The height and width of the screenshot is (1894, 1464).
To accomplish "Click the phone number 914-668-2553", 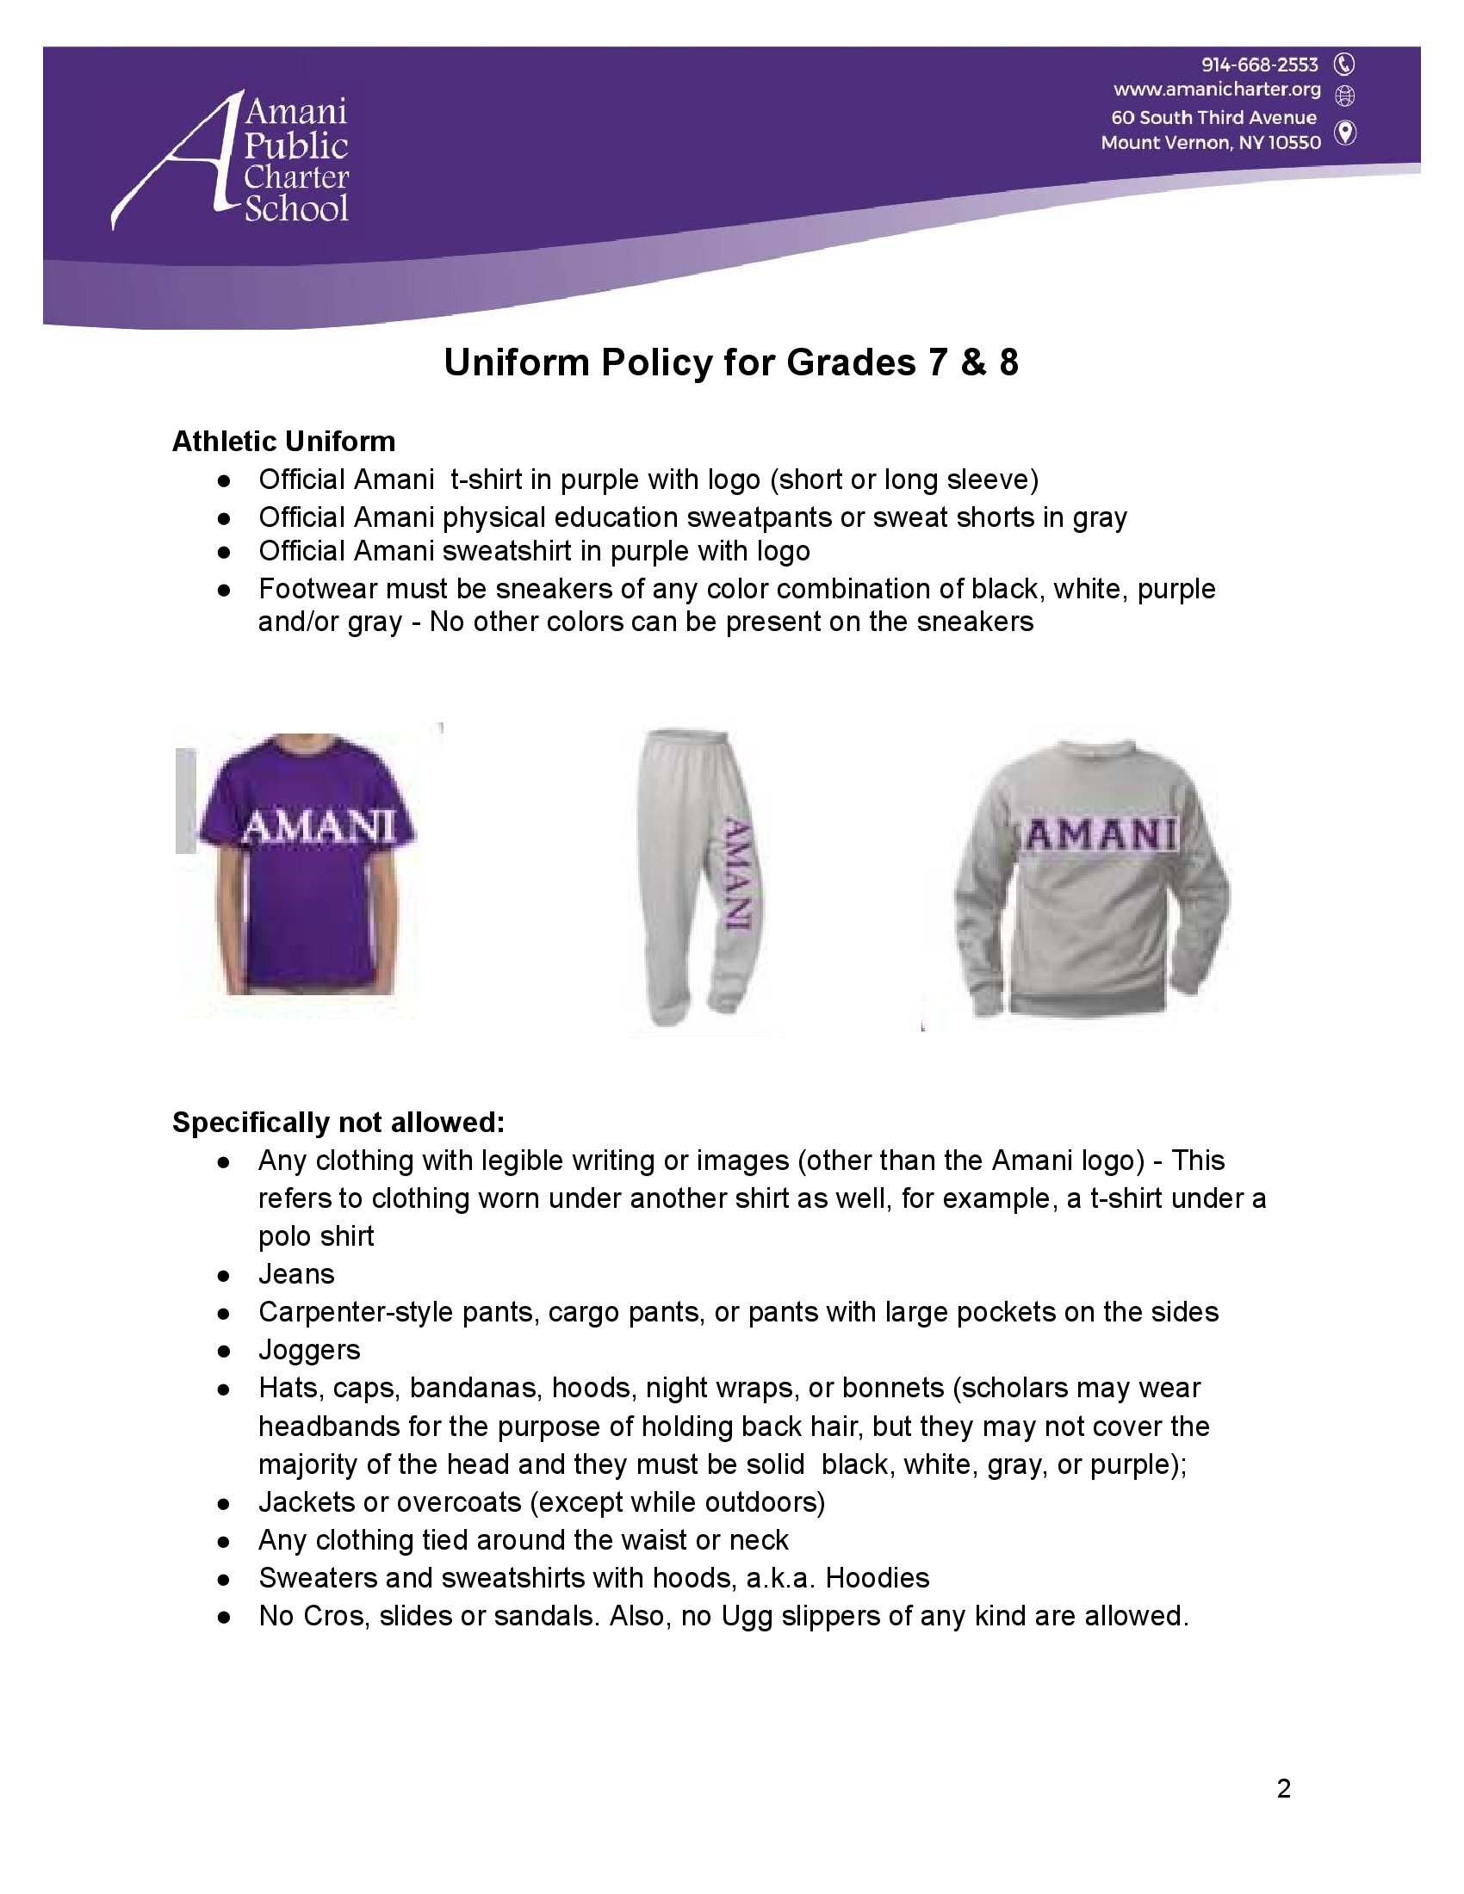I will coord(1259,65).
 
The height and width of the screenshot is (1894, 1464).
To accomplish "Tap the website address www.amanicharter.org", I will coord(1217,90).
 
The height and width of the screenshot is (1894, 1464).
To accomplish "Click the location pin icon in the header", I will coord(1345,133).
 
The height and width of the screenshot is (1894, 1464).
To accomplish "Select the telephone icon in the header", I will coord(1345,65).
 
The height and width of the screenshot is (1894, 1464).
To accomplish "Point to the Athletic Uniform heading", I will coord(283,442).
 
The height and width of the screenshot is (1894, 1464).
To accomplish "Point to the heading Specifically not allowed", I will coord(338,1122).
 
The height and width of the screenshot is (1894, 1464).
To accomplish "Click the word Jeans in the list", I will coord(295,1274).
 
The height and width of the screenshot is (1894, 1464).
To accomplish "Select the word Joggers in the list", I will coord(309,1350).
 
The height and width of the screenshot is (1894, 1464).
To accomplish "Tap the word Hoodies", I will coord(877,1577).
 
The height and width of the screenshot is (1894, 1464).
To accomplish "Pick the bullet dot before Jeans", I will coord(224,1276).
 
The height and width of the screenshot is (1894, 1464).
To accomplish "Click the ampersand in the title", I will coord(970,363).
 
